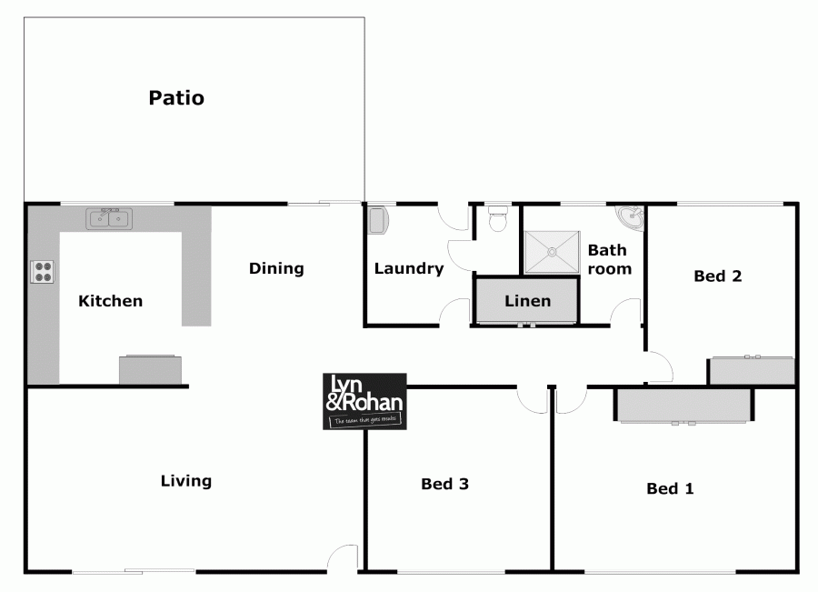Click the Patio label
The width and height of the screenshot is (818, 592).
[x=176, y=98]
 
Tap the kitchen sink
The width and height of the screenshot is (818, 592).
[x=109, y=218]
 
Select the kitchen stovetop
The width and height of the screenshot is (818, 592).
[x=43, y=271]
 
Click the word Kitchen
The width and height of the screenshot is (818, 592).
[x=110, y=301]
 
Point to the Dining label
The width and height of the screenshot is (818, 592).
[x=276, y=268]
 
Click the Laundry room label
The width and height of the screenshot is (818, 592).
[x=409, y=268]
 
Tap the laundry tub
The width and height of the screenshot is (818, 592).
[x=378, y=220]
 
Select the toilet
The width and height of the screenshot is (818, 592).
[x=497, y=219]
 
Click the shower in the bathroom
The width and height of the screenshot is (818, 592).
[x=551, y=251]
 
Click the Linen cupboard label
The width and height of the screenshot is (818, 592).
[x=527, y=301]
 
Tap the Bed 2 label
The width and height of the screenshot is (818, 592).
[x=718, y=276]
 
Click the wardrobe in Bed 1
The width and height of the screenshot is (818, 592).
[x=684, y=406]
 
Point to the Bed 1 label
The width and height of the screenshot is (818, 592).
[x=670, y=489]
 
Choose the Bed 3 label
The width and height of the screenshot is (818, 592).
[x=444, y=484]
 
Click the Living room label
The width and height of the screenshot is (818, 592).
[x=185, y=481]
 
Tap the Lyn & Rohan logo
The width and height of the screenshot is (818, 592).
[x=364, y=401]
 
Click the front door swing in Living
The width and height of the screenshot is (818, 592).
[x=343, y=558]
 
